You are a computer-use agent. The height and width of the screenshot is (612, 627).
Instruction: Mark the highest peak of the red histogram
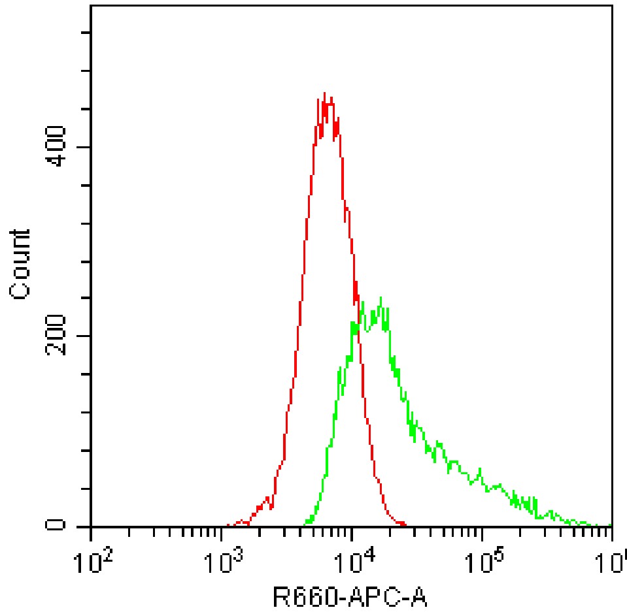coord(324,93)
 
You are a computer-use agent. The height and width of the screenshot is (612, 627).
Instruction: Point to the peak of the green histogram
coord(380,298)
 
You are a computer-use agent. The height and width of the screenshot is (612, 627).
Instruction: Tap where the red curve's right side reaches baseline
coord(405,524)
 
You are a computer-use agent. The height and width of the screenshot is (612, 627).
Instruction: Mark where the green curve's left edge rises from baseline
coord(305,524)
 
